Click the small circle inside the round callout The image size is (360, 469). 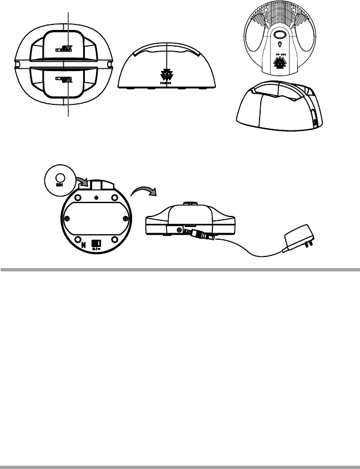point(58,178)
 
